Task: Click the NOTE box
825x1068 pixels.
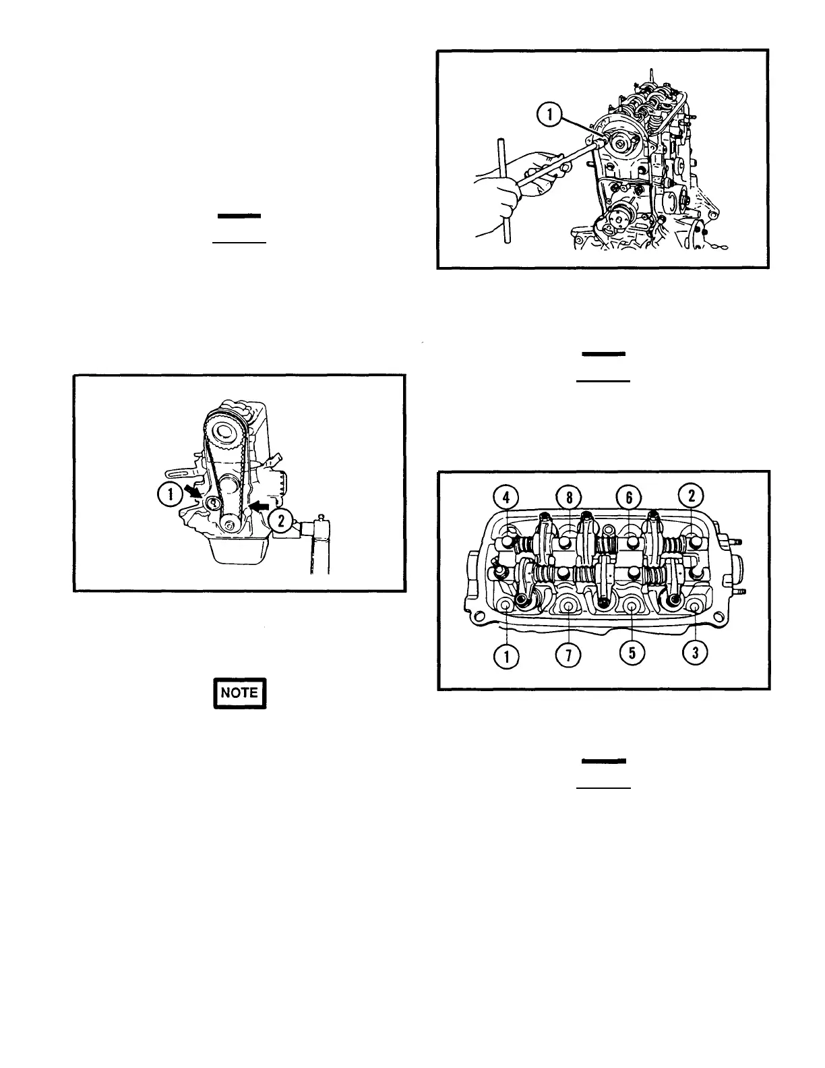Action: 240,692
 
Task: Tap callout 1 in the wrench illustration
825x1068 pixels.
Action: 549,115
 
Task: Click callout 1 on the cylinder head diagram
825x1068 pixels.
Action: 506,654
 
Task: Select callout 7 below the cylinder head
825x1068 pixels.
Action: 569,654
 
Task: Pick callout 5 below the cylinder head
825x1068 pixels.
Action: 632,654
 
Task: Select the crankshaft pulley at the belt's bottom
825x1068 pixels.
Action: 230,525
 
